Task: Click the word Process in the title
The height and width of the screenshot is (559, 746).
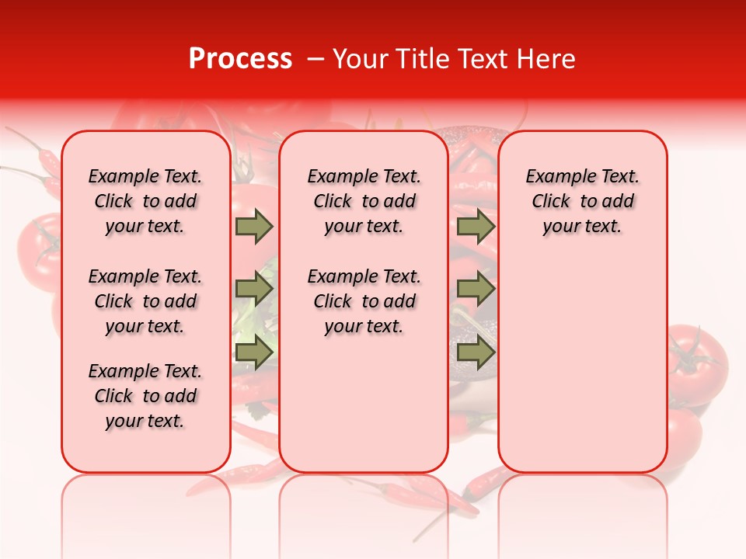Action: click(x=239, y=59)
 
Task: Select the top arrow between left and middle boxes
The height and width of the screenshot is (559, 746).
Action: click(x=254, y=227)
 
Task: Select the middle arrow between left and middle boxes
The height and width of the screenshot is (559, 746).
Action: click(x=254, y=289)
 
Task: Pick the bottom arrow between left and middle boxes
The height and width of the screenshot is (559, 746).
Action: click(x=254, y=352)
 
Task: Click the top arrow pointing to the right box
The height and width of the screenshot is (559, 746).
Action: click(x=476, y=227)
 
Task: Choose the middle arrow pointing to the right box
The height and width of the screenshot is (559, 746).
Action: click(x=476, y=289)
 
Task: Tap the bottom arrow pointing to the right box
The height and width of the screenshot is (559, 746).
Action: click(x=476, y=352)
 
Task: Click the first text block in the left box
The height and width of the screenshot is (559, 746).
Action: click(x=145, y=201)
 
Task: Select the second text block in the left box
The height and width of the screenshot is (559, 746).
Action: click(x=145, y=301)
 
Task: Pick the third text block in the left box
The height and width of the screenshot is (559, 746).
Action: click(x=145, y=396)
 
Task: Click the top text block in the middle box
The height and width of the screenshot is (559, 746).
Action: click(x=364, y=201)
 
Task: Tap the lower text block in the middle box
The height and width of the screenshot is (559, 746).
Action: click(x=364, y=301)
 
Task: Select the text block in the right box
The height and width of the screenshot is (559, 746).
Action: click(x=582, y=201)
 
